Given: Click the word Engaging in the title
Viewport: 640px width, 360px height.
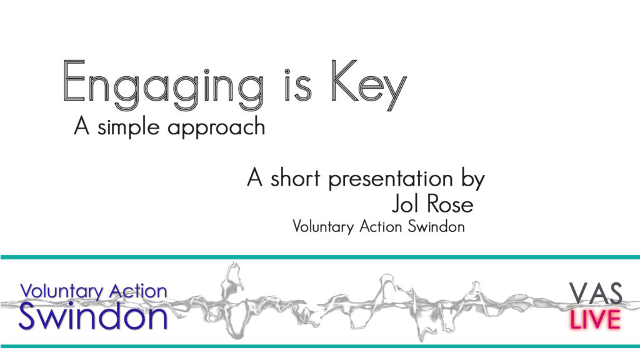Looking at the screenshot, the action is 163,86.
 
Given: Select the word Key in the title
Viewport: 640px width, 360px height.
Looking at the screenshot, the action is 369,86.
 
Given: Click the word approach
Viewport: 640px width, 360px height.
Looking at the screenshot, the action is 216,127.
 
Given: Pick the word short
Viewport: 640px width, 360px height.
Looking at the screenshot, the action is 295,178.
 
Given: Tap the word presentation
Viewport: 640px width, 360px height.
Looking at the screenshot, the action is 391,179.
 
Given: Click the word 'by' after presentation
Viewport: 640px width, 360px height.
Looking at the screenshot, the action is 473,179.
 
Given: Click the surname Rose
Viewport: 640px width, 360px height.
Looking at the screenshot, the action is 448,204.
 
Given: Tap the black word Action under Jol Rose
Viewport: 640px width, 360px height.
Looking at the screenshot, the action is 381,226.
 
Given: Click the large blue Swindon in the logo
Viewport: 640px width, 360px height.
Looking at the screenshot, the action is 93,316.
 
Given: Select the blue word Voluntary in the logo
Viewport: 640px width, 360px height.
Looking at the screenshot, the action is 62,292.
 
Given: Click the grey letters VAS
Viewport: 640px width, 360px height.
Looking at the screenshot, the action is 596,293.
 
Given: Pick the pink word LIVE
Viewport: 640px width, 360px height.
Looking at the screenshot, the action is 595,319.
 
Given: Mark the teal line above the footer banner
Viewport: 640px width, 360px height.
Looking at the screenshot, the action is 320,257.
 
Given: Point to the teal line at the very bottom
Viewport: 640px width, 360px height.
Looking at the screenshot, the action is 320,346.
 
